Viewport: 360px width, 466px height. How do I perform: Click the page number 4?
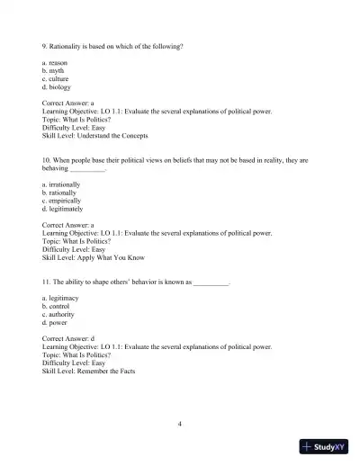point(180,423)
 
